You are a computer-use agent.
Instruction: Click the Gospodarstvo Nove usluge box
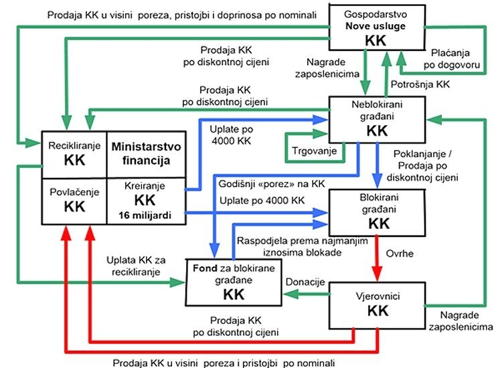[x=377, y=27]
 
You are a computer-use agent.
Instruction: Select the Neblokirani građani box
[x=377, y=119]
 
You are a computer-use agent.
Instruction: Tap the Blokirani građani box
[x=377, y=213]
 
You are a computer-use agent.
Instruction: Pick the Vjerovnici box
[x=377, y=306]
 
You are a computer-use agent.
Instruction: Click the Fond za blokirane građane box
[x=234, y=282]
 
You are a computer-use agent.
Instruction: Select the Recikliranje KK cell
[x=74, y=155]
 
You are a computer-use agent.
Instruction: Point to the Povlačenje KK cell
[x=74, y=201]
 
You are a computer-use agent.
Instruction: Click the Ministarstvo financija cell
[x=146, y=155]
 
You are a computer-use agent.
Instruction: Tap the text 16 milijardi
[x=145, y=215]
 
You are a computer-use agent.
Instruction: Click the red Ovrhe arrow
[x=377, y=258]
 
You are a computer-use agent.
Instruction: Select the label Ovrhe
[x=400, y=254]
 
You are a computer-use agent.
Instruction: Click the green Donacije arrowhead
[x=290, y=294]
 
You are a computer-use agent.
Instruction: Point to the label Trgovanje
[x=315, y=151]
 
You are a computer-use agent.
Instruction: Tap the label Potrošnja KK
[x=420, y=84]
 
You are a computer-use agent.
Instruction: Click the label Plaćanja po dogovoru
[x=451, y=59]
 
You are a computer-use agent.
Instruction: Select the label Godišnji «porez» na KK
[x=272, y=184]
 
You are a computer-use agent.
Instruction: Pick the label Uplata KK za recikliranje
[x=136, y=266]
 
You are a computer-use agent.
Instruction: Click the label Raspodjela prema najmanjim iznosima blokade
[x=303, y=246]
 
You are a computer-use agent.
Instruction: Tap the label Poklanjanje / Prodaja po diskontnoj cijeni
[x=422, y=165]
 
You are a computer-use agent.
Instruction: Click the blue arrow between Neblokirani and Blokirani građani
[x=377, y=165]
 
